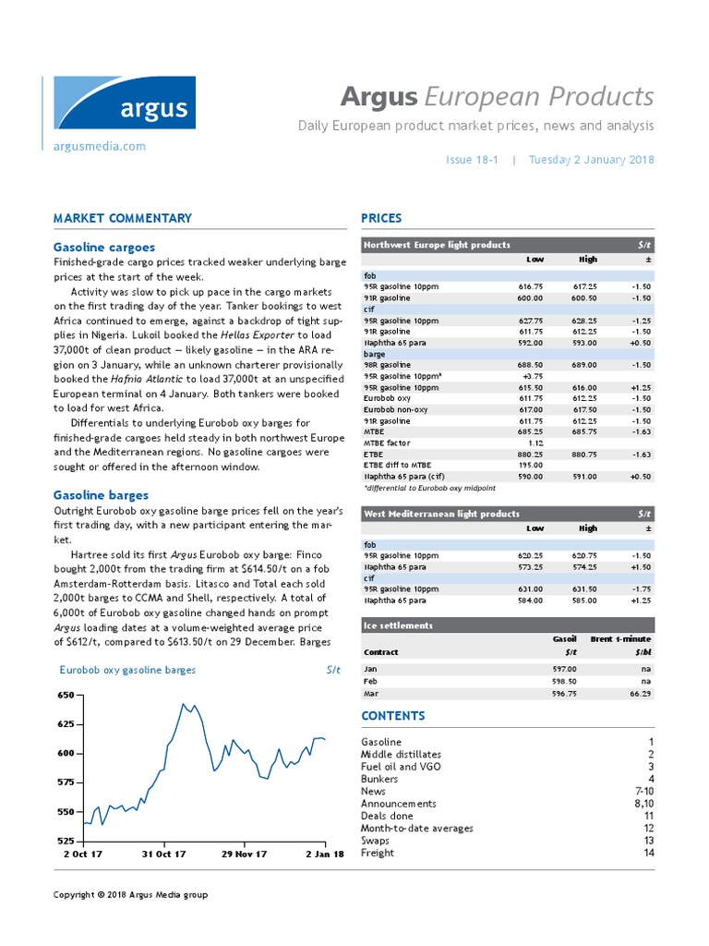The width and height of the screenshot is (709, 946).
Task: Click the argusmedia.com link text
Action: (x=100, y=146)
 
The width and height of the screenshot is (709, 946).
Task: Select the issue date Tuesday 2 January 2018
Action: (x=591, y=159)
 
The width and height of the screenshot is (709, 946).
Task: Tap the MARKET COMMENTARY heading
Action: (x=123, y=219)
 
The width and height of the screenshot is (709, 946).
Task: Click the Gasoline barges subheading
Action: (x=100, y=495)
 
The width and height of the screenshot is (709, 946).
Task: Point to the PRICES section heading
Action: (x=381, y=219)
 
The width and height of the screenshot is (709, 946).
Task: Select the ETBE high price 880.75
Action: (x=587, y=454)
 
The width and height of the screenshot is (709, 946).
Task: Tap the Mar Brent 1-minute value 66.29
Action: (x=638, y=692)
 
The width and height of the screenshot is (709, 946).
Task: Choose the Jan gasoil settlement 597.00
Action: (x=564, y=668)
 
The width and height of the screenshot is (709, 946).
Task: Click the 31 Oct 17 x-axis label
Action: (x=164, y=855)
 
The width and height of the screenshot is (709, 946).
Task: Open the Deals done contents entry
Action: (x=387, y=816)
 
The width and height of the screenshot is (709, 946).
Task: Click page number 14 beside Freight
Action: (x=648, y=853)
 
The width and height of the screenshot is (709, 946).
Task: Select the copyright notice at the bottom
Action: (x=130, y=894)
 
